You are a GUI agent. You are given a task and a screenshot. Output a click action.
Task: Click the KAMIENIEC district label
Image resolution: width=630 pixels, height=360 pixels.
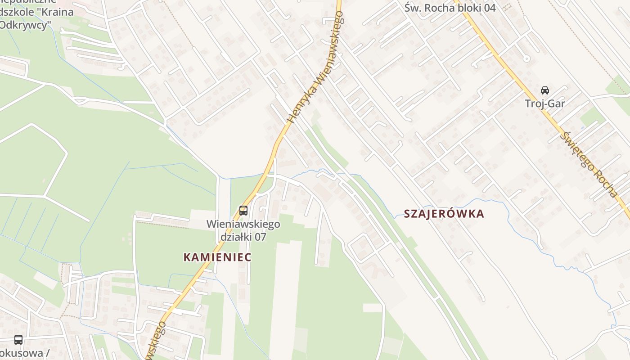coord(217,257)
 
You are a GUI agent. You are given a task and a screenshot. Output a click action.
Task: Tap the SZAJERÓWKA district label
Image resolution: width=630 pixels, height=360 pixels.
coord(444,214)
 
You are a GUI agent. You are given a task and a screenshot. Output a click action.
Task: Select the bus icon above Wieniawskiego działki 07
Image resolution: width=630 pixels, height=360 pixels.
coord(243,210)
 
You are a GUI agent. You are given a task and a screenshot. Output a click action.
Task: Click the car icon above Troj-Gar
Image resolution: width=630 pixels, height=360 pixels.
coord(545,90)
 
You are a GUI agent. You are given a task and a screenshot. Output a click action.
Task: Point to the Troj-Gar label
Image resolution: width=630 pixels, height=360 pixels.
coord(545,103)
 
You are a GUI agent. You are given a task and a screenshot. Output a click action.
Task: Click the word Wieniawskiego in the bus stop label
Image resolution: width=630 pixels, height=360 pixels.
coord(243,224)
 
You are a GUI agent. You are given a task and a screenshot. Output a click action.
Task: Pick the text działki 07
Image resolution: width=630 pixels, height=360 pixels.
coord(243,236)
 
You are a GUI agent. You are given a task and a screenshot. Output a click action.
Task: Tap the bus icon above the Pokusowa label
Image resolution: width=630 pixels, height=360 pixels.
coord(18,340)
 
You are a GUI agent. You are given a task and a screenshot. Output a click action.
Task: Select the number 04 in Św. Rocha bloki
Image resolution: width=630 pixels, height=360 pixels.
coord(490,8)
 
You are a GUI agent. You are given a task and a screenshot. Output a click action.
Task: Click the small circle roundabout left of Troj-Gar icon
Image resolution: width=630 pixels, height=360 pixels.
coord(526,58)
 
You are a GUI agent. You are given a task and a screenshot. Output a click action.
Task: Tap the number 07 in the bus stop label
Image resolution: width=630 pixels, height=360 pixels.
coord(261,236)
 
